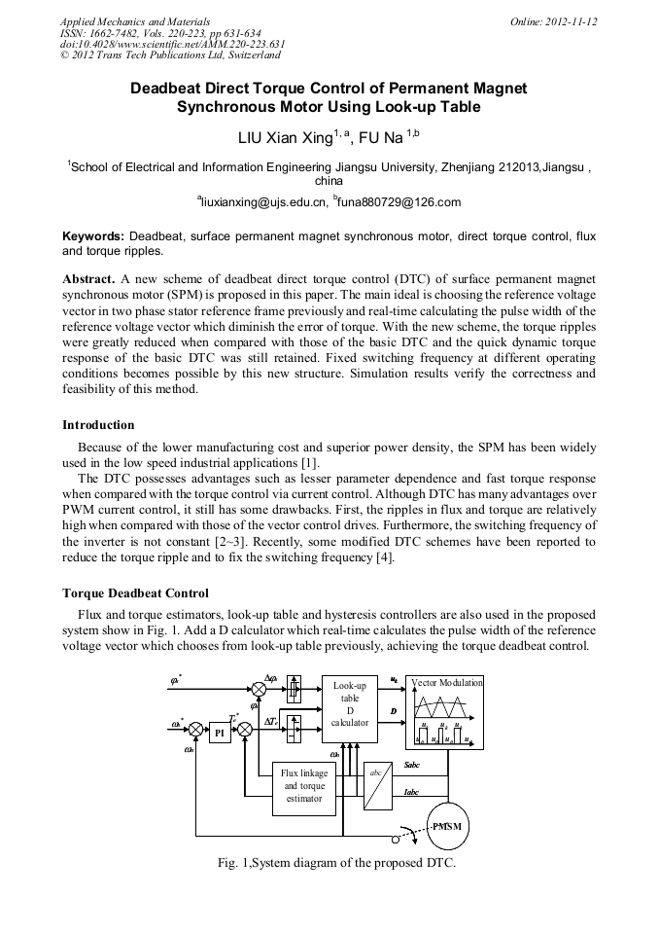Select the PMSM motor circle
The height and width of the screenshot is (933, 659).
pyautogui.click(x=447, y=826)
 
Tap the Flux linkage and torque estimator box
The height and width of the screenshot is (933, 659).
pyautogui.click(x=303, y=785)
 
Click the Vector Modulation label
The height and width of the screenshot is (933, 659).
pyautogui.click(x=447, y=683)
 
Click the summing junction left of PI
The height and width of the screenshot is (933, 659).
pyautogui.click(x=195, y=730)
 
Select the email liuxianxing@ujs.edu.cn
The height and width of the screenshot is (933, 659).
pyautogui.click(x=261, y=202)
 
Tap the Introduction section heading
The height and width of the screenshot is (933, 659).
pyautogui.click(x=98, y=425)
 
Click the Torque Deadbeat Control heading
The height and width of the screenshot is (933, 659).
pyautogui.click(x=135, y=592)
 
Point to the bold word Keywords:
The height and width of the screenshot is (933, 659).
pyautogui.click(x=93, y=236)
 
